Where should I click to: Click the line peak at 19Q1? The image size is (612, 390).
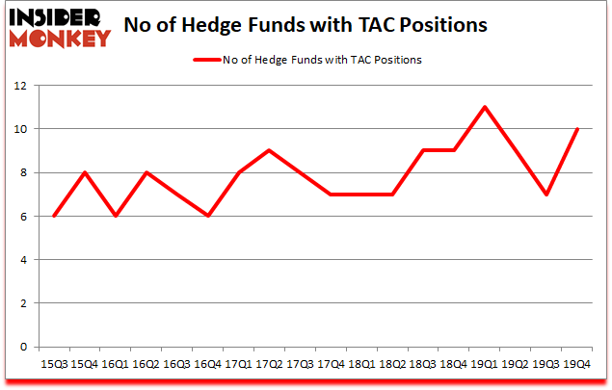485,107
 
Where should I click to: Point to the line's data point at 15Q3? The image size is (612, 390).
53,216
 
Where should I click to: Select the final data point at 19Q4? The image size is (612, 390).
577,129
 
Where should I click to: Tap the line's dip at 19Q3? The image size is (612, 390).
546,195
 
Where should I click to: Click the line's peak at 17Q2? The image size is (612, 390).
269,150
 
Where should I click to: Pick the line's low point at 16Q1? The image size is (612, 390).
115,216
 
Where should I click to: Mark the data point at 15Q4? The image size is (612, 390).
84,172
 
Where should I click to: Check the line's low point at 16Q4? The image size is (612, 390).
207,216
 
